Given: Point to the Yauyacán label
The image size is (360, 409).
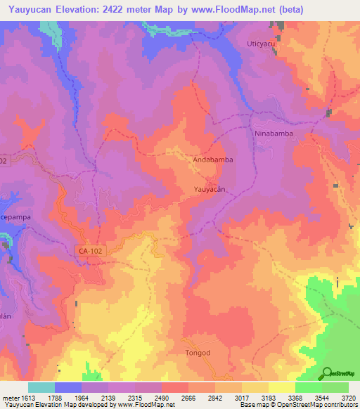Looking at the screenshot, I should (x=210, y=190).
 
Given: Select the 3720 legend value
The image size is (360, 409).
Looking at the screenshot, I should (x=347, y=397).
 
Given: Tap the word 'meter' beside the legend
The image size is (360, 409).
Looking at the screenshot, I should (x=10, y=397).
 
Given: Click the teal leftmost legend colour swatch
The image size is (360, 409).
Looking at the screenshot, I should (x=41, y=387).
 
